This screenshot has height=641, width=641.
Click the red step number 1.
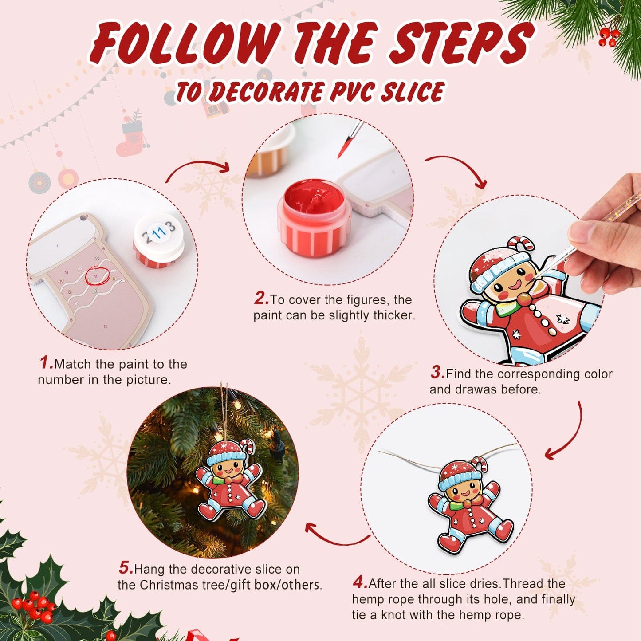[46, 363]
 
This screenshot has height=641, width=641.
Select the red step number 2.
[261, 299]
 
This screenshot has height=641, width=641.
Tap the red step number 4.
[360, 582]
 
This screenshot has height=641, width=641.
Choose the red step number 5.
[126, 568]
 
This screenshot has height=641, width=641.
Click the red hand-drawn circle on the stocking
[97, 275]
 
